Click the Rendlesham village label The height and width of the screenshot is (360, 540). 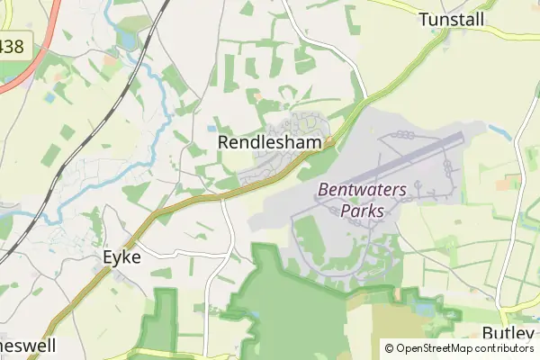coord(270,141)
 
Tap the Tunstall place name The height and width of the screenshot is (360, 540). coord(452,19)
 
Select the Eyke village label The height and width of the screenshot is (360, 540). coord(119,257)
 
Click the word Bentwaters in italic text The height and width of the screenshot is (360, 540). coord(362,190)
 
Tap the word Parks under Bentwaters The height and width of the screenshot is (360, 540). coord(364,211)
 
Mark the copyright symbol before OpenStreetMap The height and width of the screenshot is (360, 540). coord(390,348)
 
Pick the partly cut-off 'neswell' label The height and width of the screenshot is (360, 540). coord(27,346)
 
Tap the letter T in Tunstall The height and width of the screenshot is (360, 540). coord(424,19)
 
